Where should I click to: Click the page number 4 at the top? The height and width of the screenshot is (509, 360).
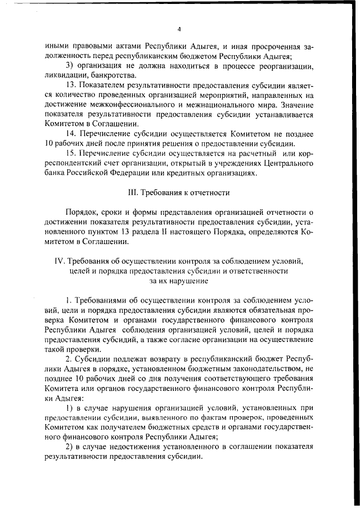pos(179,29)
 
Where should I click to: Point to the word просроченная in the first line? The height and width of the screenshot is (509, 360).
pos(276,46)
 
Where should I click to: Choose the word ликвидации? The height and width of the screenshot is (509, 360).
pos(67,75)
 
